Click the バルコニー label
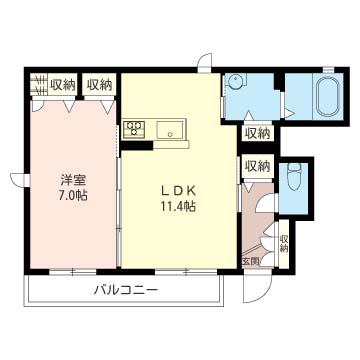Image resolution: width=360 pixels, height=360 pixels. click(x=124, y=290)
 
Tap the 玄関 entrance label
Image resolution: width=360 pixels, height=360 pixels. click(x=250, y=261)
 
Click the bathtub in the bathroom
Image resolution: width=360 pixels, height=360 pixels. click(x=328, y=97)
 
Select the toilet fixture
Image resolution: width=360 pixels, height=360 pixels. click(x=294, y=182)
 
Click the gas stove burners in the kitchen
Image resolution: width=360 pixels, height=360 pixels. click(x=135, y=128)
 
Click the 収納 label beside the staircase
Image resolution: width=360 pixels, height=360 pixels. click(x=62, y=85)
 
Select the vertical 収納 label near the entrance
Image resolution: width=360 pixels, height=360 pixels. click(x=284, y=246)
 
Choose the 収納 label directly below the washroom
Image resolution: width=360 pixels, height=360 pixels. click(x=257, y=132)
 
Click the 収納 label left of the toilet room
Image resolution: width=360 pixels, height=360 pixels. click(x=257, y=166)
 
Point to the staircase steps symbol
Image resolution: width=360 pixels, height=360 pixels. click(x=37, y=84)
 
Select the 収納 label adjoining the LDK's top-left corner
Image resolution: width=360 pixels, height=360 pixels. click(x=98, y=85)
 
